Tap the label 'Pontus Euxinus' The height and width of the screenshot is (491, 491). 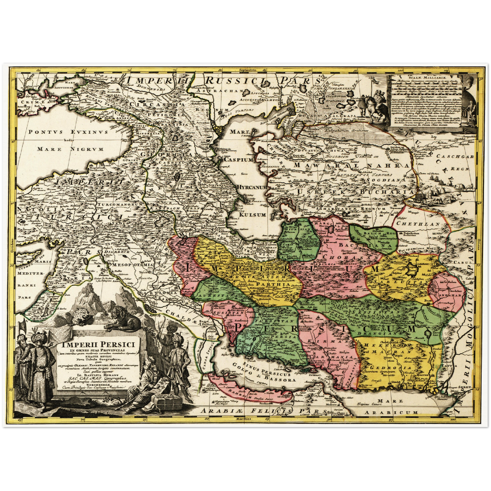(x=68, y=132)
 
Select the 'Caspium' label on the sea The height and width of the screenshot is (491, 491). (x=239, y=159)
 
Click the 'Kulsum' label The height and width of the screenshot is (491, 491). (x=252, y=215)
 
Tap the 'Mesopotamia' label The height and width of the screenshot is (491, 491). (x=132, y=264)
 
